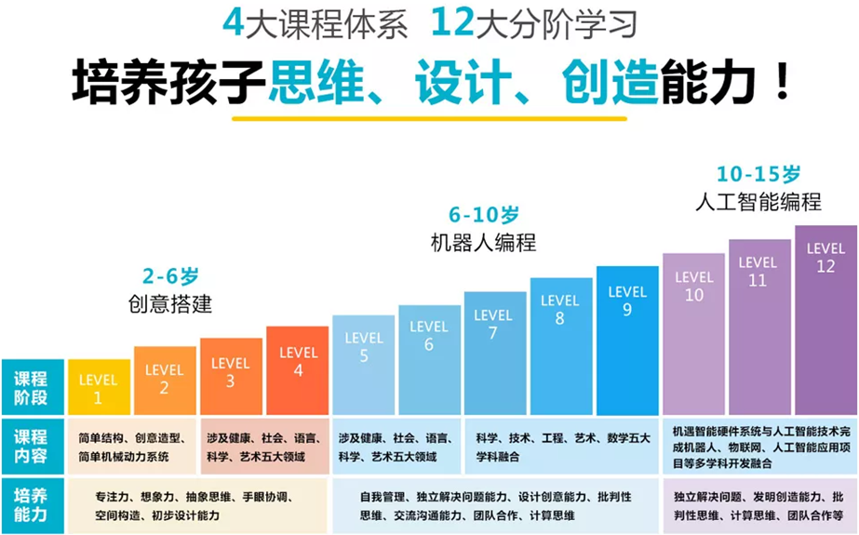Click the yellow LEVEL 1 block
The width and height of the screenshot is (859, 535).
[98, 389]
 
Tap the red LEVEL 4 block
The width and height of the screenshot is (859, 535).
[298, 369]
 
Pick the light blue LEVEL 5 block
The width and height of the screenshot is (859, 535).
[364, 365]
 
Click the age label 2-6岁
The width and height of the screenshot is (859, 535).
[171, 276]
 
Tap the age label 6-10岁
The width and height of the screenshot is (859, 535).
[483, 215]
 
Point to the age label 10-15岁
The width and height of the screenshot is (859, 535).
[758, 174]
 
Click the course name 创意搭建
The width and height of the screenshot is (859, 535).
[171, 304]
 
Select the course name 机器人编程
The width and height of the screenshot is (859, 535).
[483, 243]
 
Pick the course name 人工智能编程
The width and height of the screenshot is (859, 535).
[758, 201]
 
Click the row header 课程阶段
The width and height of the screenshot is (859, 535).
[31, 388]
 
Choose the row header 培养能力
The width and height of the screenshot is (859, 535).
[31, 504]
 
